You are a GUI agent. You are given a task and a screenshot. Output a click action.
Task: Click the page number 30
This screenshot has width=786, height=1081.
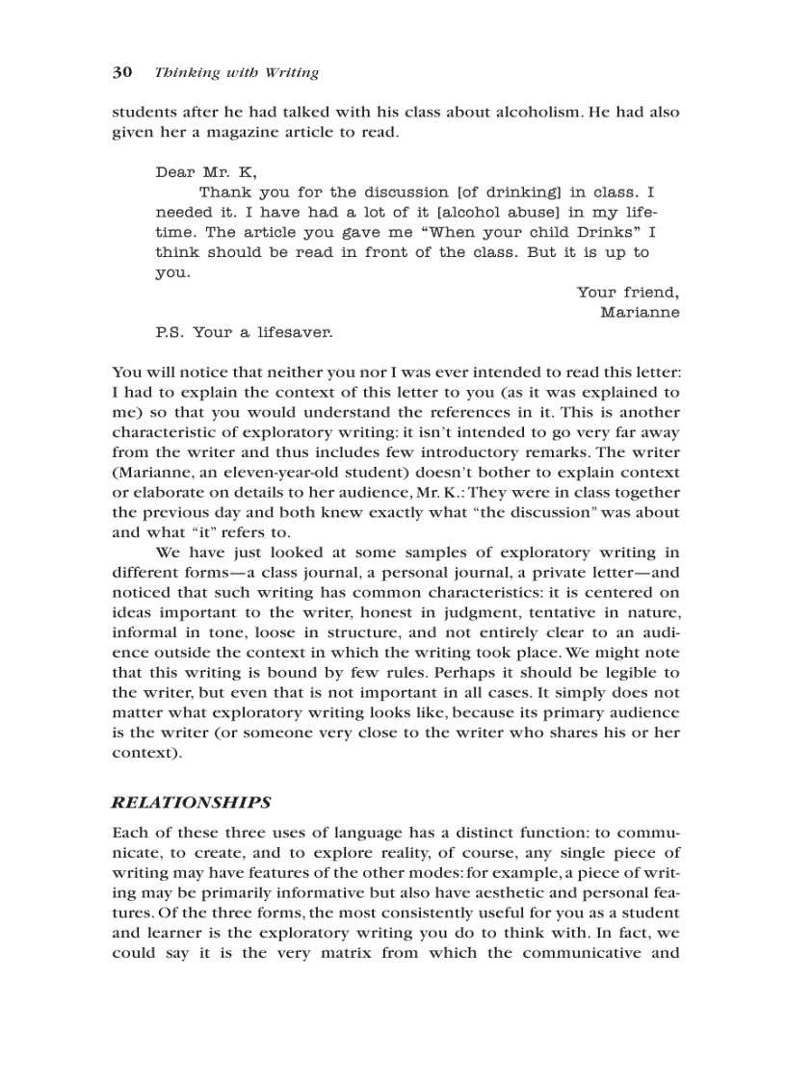[x=121, y=73]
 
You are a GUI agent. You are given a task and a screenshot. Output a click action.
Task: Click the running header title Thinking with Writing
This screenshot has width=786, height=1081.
[x=236, y=73]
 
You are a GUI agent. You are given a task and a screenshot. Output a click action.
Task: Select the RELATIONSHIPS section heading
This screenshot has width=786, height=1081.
[x=192, y=803]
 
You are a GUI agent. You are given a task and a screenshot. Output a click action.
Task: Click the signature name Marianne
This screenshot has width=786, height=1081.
[x=640, y=312]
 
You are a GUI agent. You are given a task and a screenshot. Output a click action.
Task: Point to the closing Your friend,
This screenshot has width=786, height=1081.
[x=628, y=293]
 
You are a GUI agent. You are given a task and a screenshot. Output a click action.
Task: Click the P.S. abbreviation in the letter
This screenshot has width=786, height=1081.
[x=170, y=333]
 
